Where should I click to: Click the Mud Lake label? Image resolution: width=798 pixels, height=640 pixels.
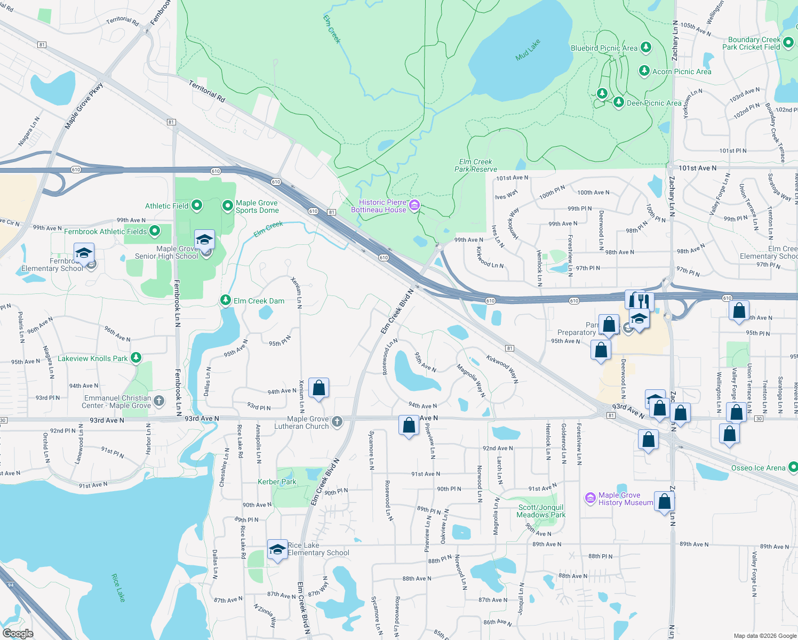click(528, 50)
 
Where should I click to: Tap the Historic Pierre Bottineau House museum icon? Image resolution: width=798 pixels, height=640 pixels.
click(414, 206)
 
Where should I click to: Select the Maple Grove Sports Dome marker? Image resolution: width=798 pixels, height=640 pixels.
click(228, 205)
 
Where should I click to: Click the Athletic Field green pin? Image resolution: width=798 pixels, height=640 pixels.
click(197, 205)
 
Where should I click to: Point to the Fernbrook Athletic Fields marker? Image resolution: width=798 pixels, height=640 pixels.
click(155, 231)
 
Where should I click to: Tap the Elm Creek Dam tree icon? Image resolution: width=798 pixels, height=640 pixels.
click(226, 301)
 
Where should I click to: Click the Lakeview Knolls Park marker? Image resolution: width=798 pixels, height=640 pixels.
click(136, 358)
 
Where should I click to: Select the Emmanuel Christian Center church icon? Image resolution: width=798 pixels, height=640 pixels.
click(159, 401)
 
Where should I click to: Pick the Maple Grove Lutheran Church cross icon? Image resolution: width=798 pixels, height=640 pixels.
click(337, 422)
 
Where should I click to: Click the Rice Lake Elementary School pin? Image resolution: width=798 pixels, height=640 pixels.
click(277, 550)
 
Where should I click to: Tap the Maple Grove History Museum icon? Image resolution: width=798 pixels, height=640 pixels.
click(590, 498)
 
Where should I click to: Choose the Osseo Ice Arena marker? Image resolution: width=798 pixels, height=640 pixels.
click(793, 468)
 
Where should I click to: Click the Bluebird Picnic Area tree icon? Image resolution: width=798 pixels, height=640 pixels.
click(646, 47)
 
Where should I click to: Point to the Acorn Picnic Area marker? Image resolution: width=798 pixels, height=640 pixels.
click(644, 71)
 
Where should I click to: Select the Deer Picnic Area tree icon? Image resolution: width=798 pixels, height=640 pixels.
click(619, 102)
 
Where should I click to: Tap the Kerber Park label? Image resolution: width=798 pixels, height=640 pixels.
click(277, 482)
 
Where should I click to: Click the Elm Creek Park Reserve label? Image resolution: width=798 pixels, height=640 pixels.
click(475, 165)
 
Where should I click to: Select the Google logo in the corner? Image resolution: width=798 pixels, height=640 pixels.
click(18, 633)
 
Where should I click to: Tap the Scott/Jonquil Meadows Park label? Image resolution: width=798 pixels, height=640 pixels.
click(541, 511)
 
